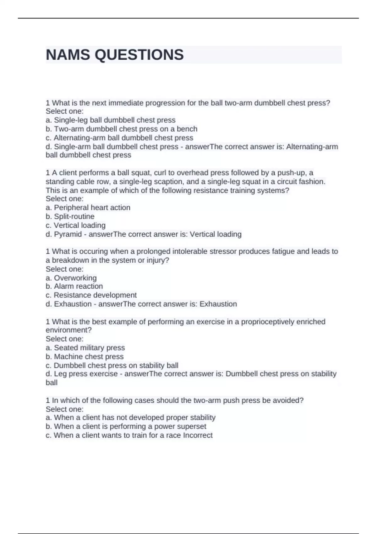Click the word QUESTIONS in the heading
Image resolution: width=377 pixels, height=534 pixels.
point(139,55)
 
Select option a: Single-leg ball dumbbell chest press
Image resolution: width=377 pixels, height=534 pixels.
point(111,120)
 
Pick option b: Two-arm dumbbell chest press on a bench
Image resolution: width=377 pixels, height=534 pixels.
point(122,129)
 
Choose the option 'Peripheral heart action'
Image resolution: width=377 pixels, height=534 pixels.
point(88,208)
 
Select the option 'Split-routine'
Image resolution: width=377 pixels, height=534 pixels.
point(70,216)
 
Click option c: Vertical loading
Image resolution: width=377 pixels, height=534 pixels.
point(76,225)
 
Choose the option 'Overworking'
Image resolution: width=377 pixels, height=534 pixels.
point(71,278)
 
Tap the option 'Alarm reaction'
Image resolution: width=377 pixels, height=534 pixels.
point(74,286)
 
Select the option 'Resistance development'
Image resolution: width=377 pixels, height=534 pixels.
point(91,295)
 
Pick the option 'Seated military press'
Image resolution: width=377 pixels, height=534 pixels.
point(85,348)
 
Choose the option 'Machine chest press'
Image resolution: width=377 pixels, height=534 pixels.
point(85,357)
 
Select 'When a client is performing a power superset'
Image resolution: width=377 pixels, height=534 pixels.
point(126,426)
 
